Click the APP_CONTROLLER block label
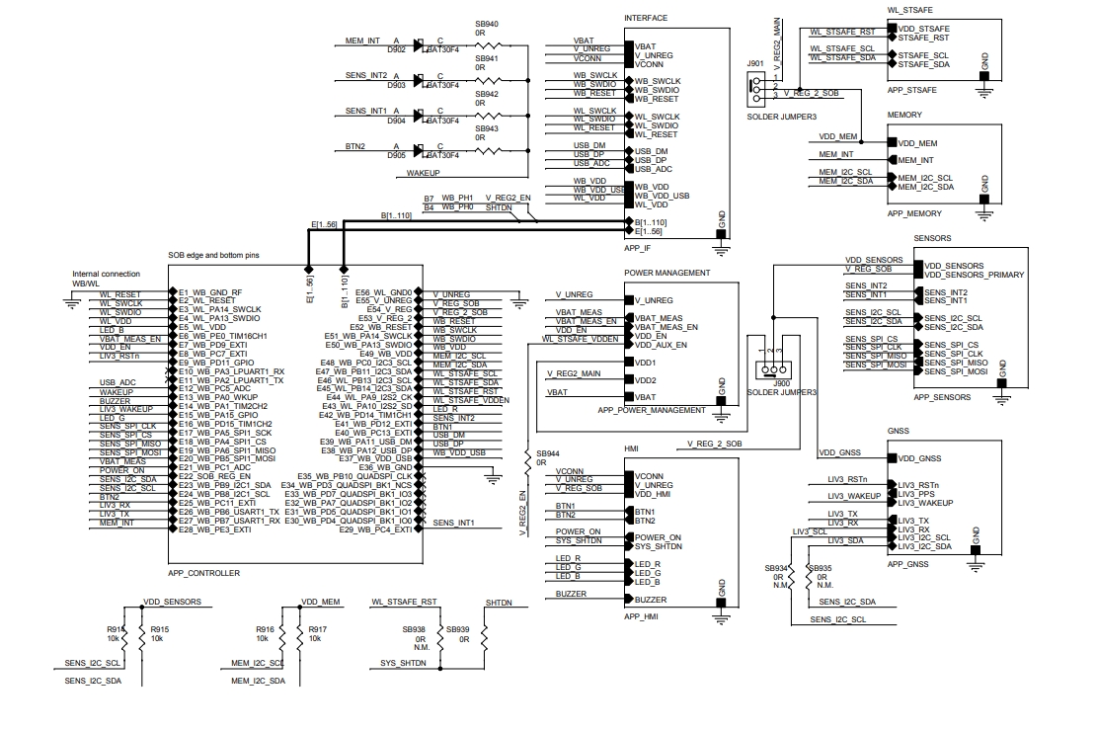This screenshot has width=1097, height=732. pos(203,573)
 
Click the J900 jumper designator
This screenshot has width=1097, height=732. pos(782,382)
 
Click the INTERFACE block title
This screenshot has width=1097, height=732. pos(647,18)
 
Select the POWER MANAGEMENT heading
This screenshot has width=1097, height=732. pos(666,273)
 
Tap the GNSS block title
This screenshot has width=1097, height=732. pos(899,432)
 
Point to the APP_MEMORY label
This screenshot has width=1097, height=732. pos(914,213)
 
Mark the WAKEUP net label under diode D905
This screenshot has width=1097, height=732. pos(423,173)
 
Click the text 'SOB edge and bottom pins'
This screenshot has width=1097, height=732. pos(214,255)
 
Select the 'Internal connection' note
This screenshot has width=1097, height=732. pos(107,274)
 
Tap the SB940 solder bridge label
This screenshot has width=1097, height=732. pos(487,23)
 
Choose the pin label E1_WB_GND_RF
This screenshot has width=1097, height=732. pos(209,292)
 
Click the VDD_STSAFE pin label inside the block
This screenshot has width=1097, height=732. pos(923,30)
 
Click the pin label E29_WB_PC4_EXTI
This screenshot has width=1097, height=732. pos(374,530)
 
